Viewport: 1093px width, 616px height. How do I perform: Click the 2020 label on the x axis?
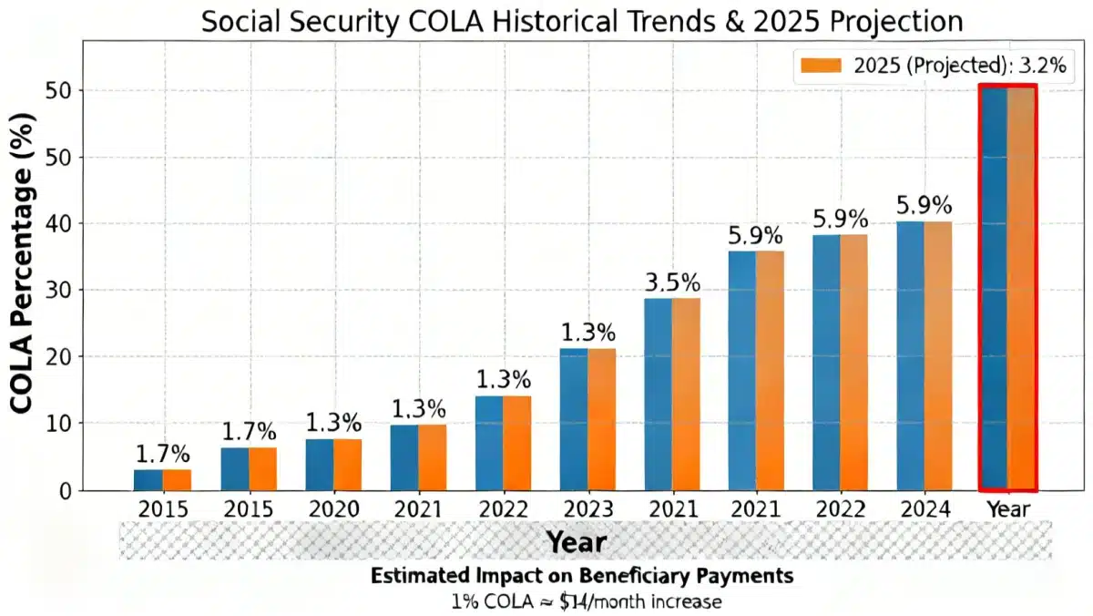[333, 509]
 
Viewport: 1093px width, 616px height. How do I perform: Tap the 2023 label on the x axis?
[587, 509]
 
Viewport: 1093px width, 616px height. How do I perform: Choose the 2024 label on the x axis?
[924, 509]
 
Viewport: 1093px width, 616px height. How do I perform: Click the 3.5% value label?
[672, 282]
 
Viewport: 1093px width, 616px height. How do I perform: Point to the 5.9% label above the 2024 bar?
[924, 203]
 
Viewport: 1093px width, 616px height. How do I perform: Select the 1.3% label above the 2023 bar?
[587, 332]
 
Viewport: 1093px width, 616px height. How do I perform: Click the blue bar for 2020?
[320, 465]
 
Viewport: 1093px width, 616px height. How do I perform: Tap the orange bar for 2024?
[938, 355]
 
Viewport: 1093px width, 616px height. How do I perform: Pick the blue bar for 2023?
[574, 419]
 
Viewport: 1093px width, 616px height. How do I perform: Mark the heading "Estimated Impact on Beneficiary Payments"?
[582, 577]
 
